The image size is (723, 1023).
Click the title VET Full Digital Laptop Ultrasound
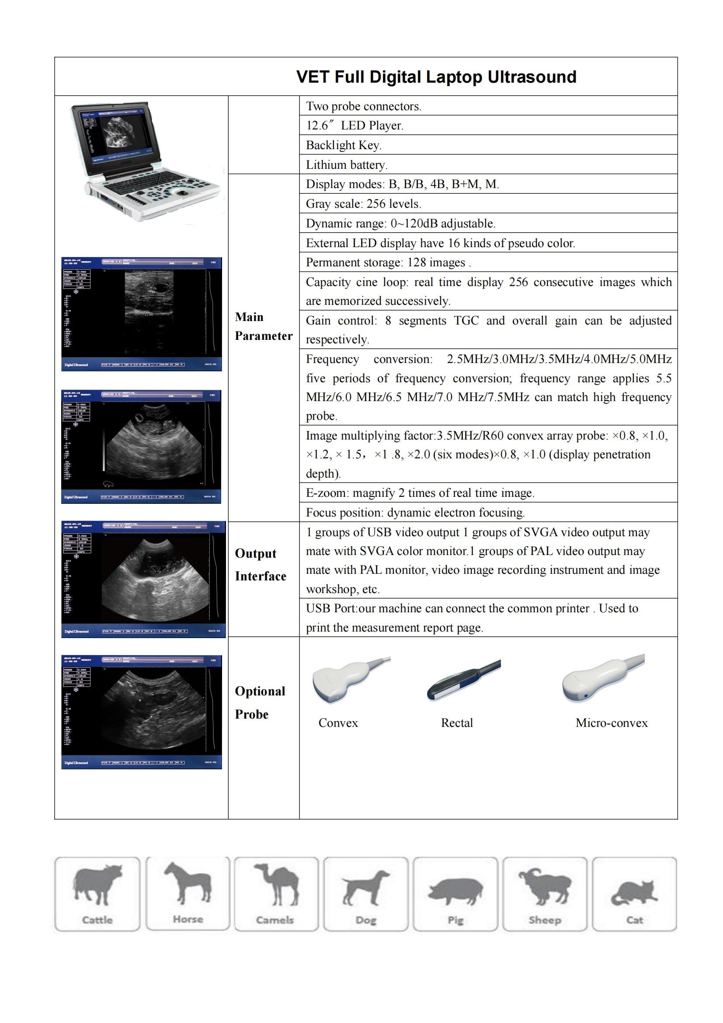tap(436, 77)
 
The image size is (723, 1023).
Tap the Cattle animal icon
tap(97, 894)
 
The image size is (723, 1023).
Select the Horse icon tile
tap(188, 893)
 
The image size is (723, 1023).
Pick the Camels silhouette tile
tap(276, 894)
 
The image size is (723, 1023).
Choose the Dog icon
tap(365, 894)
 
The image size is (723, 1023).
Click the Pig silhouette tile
tap(455, 894)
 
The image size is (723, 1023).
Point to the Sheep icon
tap(545, 894)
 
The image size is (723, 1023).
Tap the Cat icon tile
tap(634, 894)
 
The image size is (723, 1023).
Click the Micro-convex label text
tap(611, 723)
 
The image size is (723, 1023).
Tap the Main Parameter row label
tap(264, 326)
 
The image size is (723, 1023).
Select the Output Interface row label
tap(261, 565)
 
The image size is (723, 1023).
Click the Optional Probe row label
tap(260, 703)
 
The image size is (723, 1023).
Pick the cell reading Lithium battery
tap(347, 165)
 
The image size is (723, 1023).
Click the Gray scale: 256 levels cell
tap(363, 204)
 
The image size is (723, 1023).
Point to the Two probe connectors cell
tap(363, 106)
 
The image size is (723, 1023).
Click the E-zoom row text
tap(420, 493)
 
